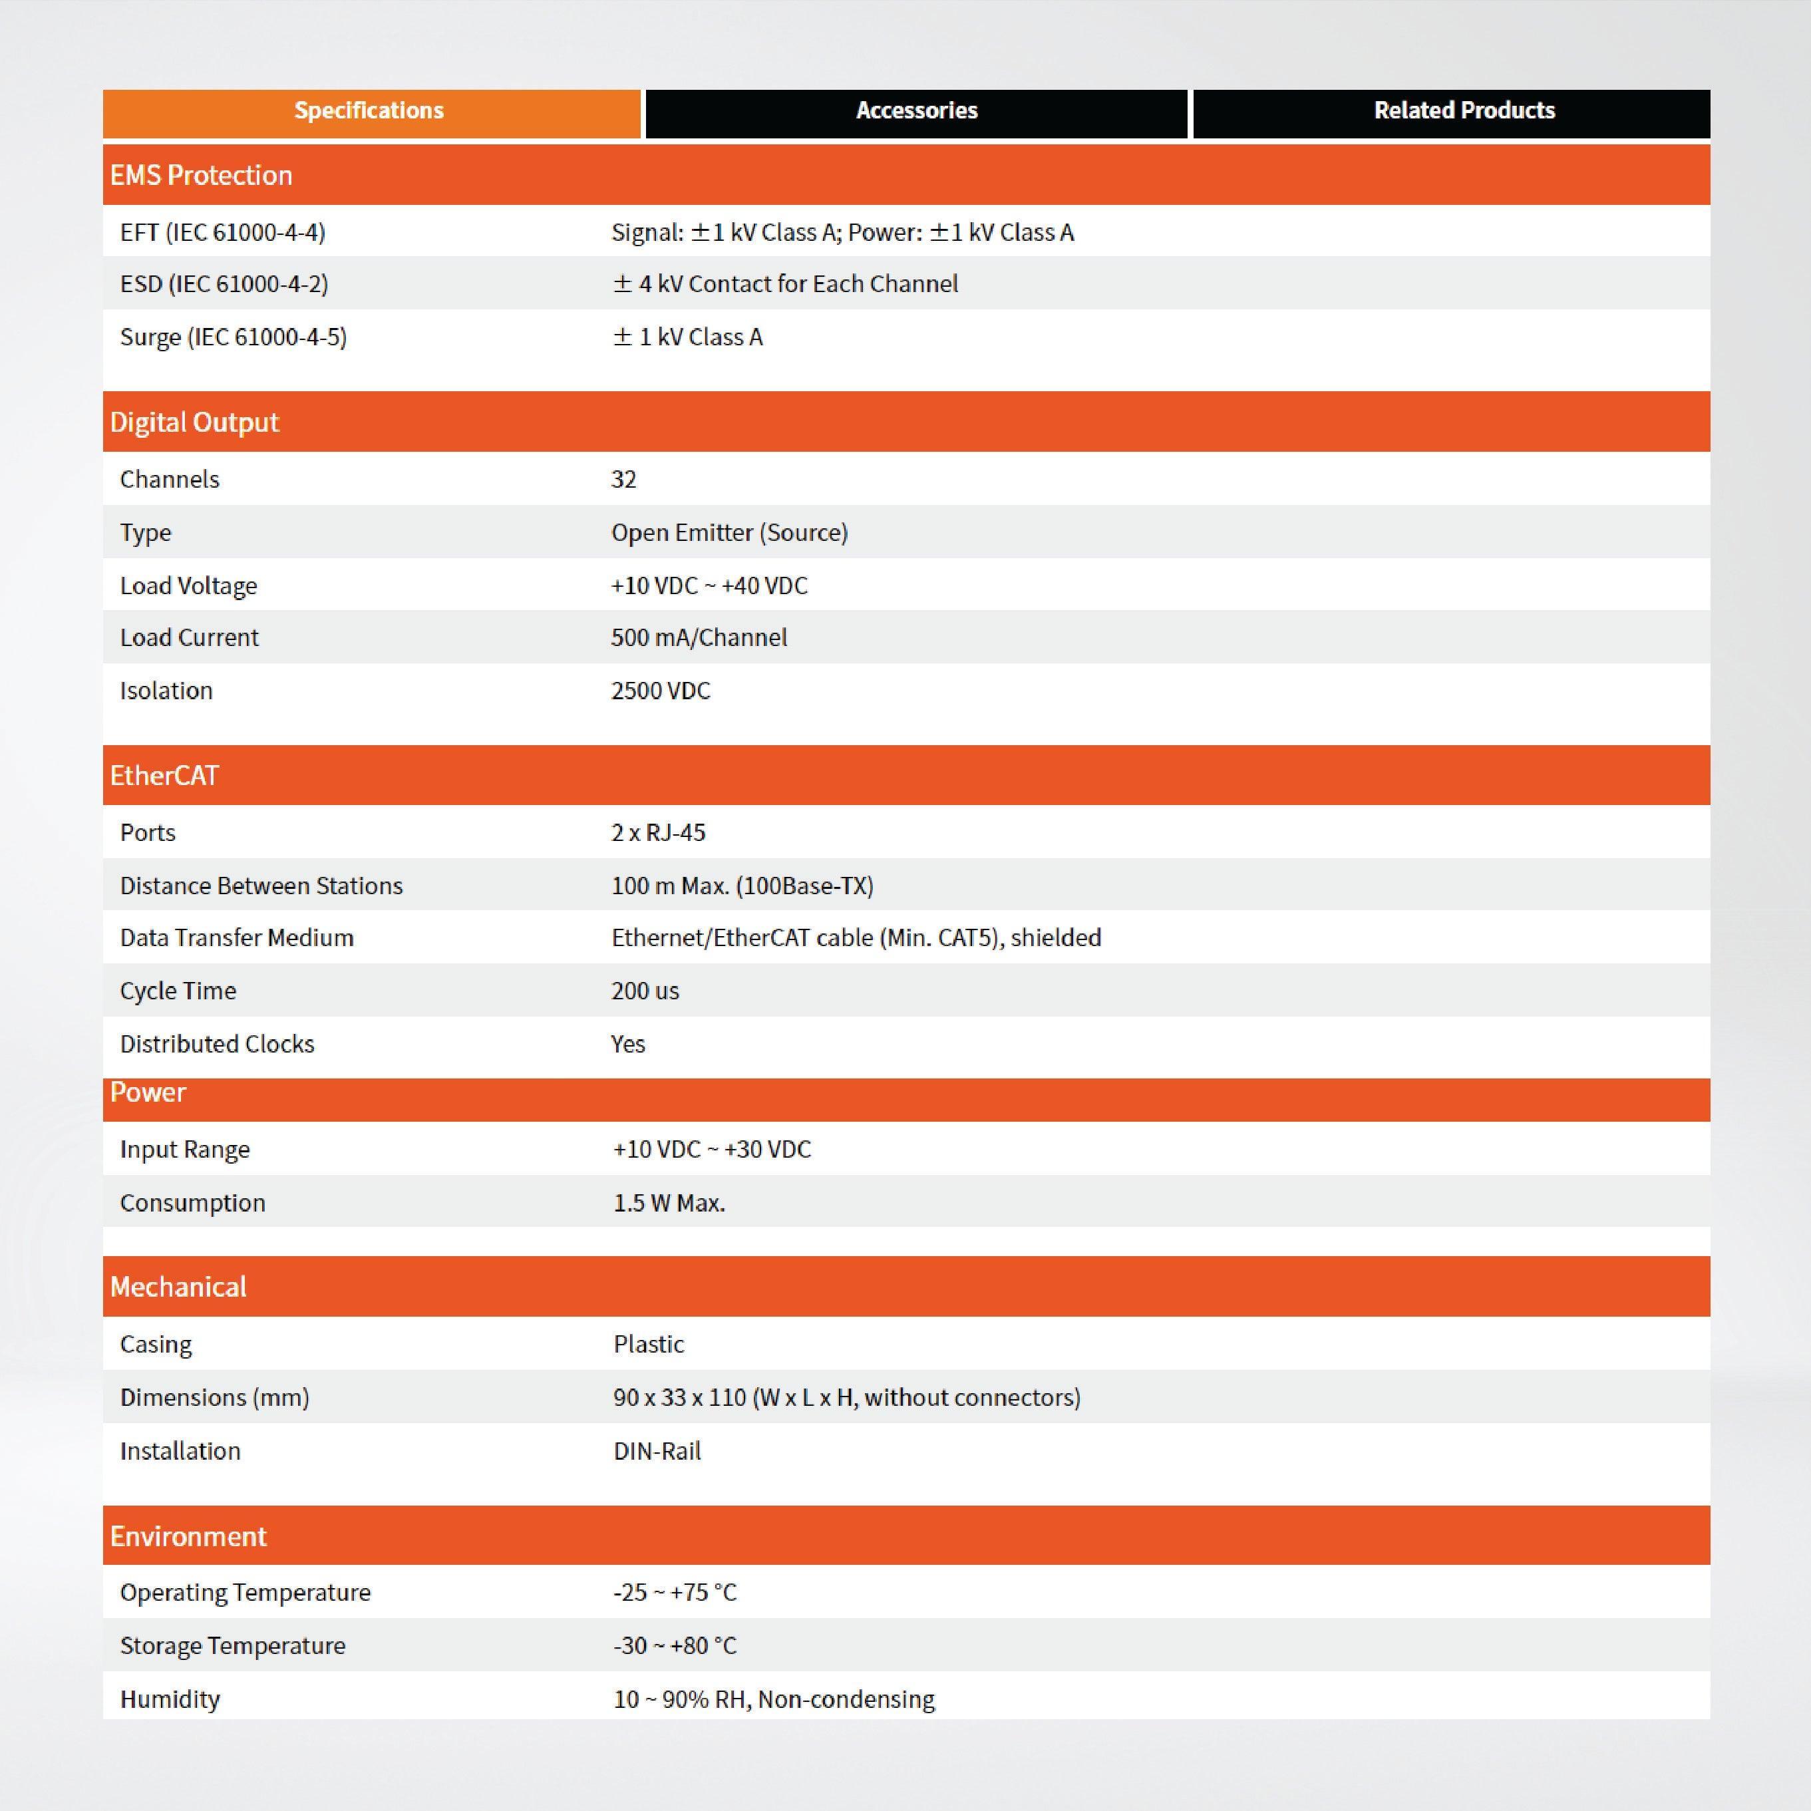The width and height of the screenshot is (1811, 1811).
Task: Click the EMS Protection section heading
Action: point(202,175)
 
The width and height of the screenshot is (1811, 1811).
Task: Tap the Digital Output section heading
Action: point(194,422)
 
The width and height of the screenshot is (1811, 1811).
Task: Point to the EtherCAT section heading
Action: point(164,776)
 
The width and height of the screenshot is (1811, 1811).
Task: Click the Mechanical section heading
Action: point(178,1287)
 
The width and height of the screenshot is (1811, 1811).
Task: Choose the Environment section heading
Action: point(188,1536)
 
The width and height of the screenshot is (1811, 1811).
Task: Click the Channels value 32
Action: point(624,480)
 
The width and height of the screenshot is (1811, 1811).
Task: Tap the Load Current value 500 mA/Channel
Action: point(699,638)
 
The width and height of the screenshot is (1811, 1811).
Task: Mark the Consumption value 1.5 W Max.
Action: point(669,1204)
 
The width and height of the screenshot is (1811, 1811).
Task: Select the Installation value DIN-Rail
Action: point(657,1452)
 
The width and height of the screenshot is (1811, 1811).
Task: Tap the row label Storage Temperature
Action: point(232,1646)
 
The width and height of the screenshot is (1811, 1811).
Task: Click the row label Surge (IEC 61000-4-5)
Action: point(234,337)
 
